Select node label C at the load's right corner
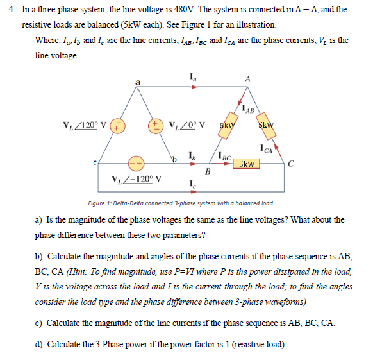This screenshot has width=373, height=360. pyautogui.click(x=291, y=163)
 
